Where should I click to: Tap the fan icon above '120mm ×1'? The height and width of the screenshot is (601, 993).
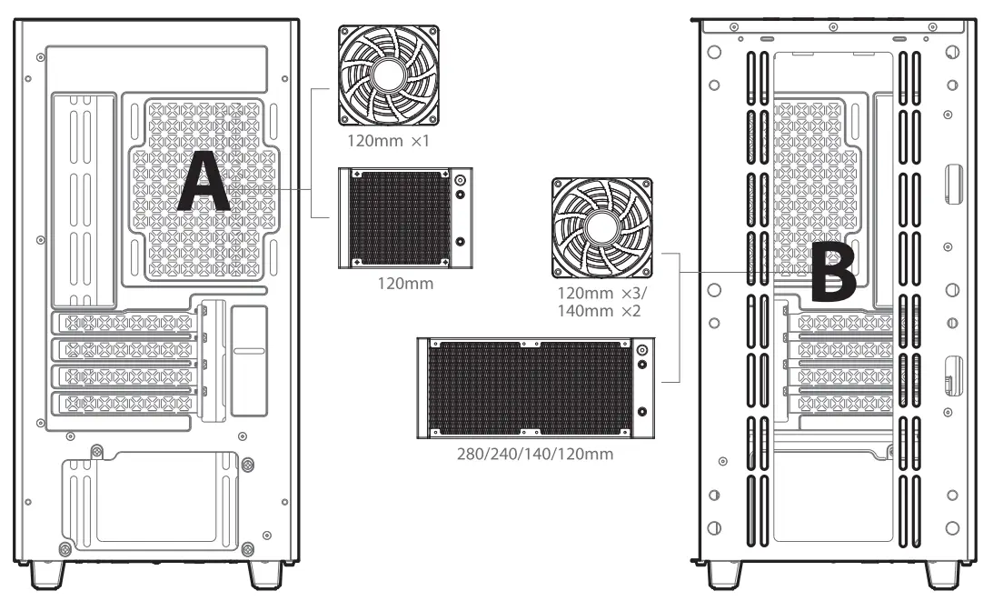coord(389,75)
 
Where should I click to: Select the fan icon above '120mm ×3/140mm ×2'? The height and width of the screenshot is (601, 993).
coord(601,228)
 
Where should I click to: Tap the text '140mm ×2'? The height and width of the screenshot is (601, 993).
coord(601,312)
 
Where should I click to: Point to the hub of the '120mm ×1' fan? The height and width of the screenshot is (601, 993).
coord(389,75)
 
